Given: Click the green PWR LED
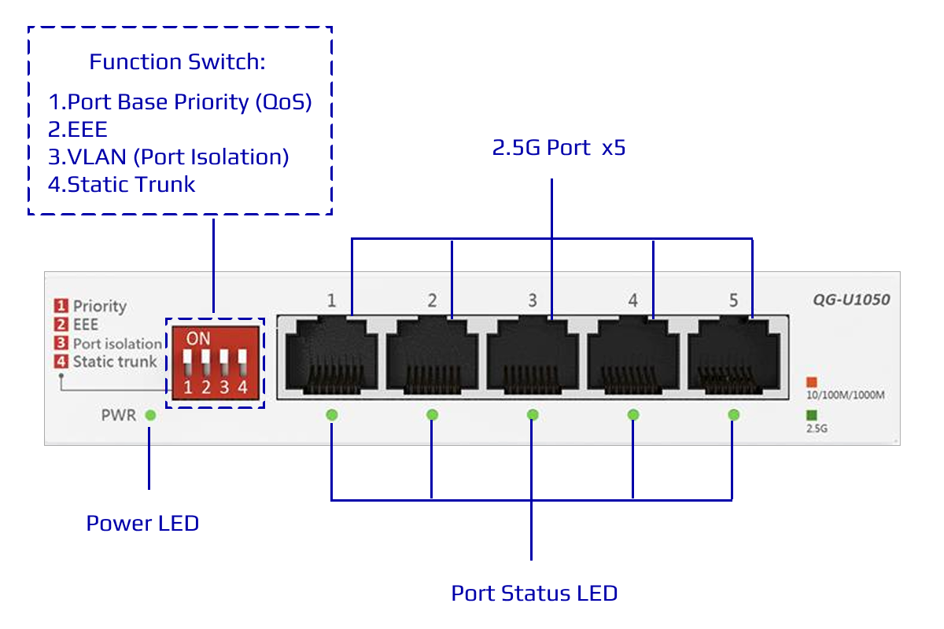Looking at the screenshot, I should [x=150, y=415].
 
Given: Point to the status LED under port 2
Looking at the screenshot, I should [x=432, y=414].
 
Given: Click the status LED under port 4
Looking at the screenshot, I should [x=633, y=414].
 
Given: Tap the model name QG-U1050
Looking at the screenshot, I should [x=851, y=300].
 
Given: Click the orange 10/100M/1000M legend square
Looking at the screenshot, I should [x=812, y=382].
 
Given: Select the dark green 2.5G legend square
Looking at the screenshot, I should [x=812, y=416].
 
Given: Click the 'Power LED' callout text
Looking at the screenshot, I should [x=142, y=523].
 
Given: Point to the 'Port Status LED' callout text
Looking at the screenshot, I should [x=534, y=593].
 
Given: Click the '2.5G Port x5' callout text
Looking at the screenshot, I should [x=559, y=147].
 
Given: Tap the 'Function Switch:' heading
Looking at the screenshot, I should [x=176, y=62].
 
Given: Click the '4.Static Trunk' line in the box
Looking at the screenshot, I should [x=122, y=185].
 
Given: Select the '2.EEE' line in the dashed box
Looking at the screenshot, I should [x=78, y=130].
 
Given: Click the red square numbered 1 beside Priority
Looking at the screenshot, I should [x=61, y=306].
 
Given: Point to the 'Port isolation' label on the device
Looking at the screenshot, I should [x=117, y=344].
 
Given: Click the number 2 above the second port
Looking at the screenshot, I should [x=432, y=300].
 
